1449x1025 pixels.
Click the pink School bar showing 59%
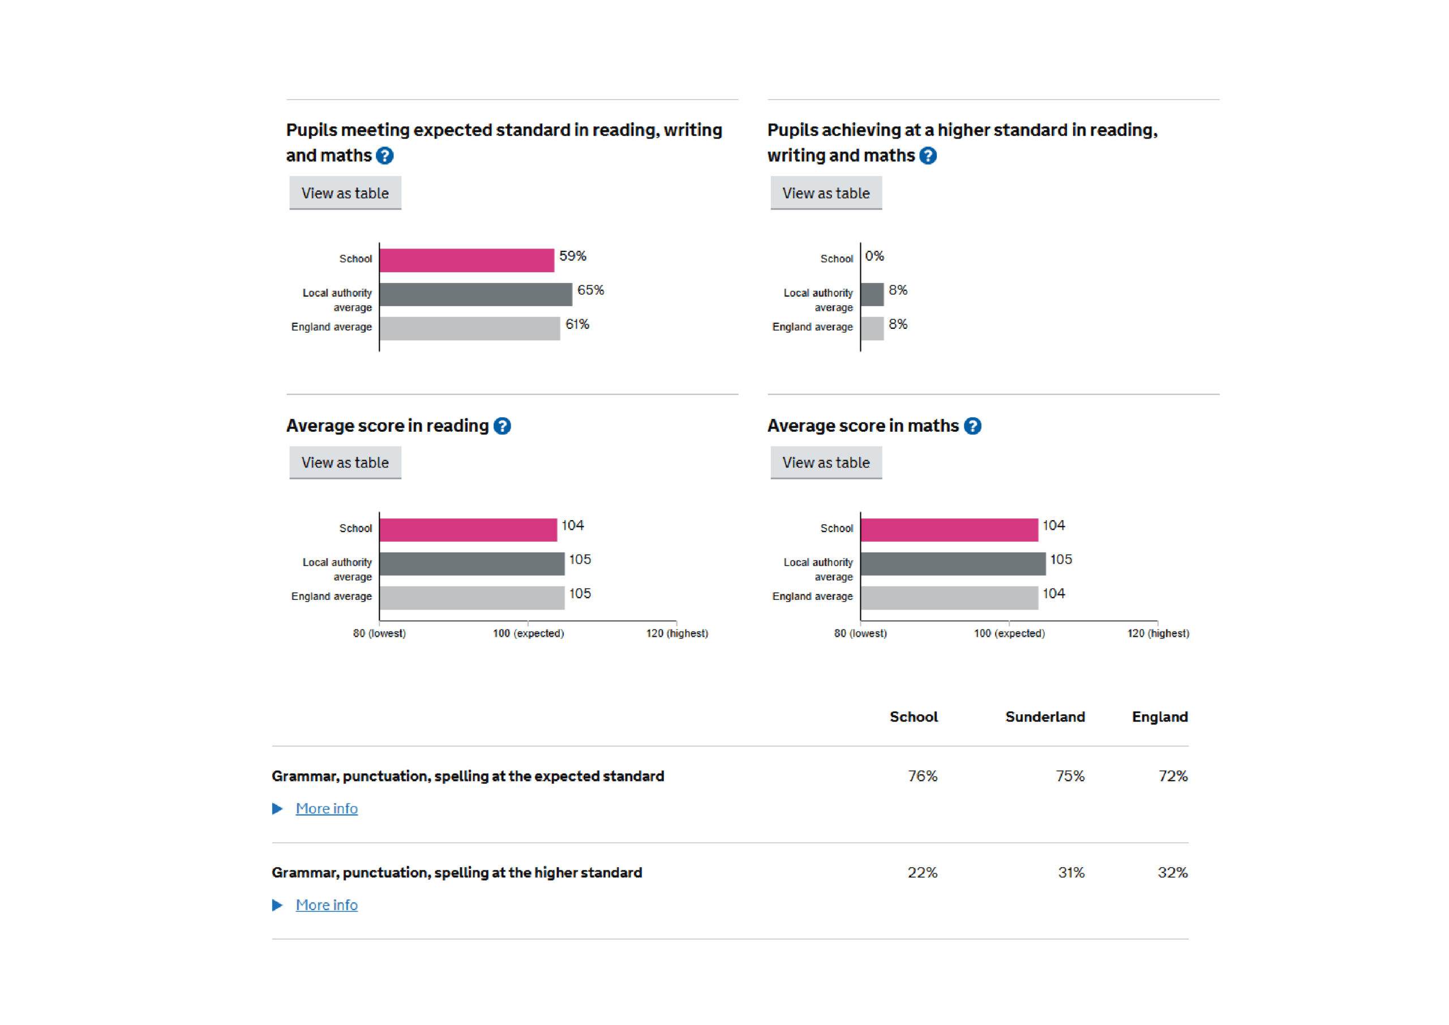pyautogui.click(x=466, y=260)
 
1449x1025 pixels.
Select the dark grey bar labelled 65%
pyautogui.click(x=475, y=294)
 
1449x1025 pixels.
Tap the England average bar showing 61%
pyautogui.click(x=470, y=328)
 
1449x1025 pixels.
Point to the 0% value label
pyautogui.click(x=874, y=256)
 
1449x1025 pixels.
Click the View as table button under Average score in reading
pyautogui.click(x=345, y=462)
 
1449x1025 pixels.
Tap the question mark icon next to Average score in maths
pyautogui.click(x=972, y=426)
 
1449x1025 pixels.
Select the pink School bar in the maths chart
pyautogui.click(x=949, y=530)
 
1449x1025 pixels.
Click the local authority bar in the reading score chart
pyautogui.click(x=471, y=564)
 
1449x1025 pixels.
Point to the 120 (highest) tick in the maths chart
pyautogui.click(x=1158, y=633)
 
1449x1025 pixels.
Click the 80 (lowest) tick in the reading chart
pyautogui.click(x=379, y=633)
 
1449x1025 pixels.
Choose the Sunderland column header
pyautogui.click(x=1044, y=717)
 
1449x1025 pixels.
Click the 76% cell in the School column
pyautogui.click(x=922, y=776)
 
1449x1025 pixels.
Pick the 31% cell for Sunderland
pyautogui.click(x=1070, y=872)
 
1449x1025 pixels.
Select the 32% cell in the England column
pyautogui.click(x=1172, y=872)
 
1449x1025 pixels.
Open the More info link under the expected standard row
pyautogui.click(x=326, y=809)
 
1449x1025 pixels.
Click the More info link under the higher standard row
pyautogui.click(x=326, y=905)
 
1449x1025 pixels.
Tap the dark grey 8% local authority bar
pyautogui.click(x=872, y=294)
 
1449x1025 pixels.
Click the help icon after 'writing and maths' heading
pyautogui.click(x=927, y=155)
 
